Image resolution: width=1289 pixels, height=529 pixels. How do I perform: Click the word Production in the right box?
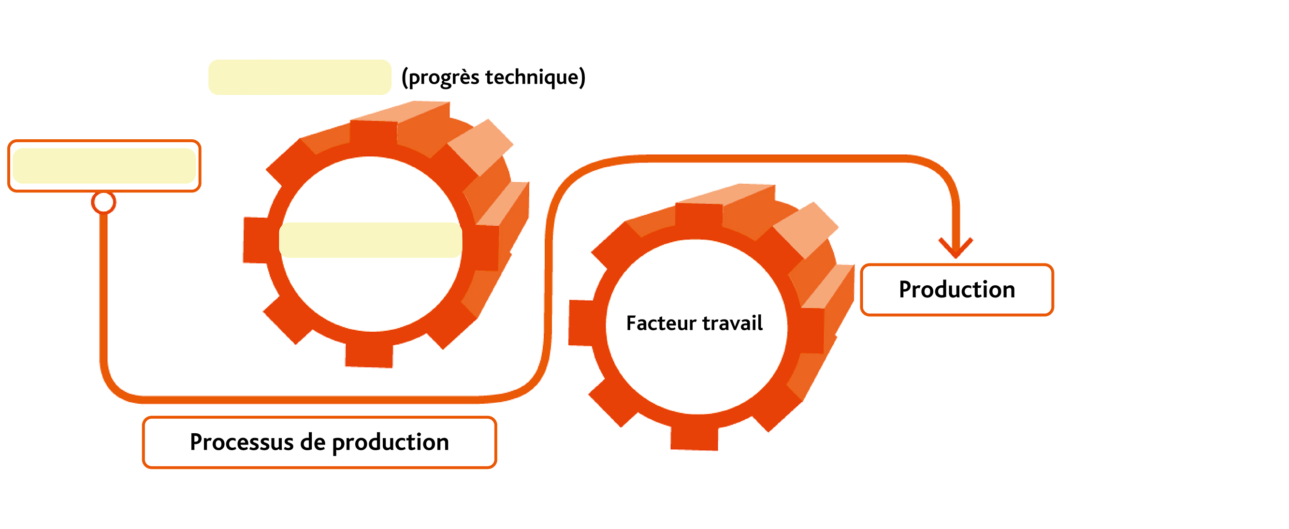pyautogui.click(x=956, y=290)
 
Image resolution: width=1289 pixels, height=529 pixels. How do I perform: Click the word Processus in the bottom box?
pyautogui.click(x=242, y=442)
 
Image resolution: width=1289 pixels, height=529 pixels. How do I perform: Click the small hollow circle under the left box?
pyautogui.click(x=103, y=202)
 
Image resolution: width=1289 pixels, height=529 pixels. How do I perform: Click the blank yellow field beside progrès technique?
pyautogui.click(x=299, y=77)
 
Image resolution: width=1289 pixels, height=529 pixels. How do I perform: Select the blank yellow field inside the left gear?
pyautogui.click(x=370, y=240)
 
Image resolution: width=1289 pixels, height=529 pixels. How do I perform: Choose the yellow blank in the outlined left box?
pyautogui.click(x=104, y=166)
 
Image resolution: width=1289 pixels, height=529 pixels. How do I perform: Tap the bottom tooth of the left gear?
pyautogui.click(x=369, y=355)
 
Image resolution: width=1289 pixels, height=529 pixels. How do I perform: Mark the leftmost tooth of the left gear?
pyautogui.click(x=256, y=240)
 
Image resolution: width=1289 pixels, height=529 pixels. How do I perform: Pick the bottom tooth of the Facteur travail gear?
pyautogui.click(x=695, y=438)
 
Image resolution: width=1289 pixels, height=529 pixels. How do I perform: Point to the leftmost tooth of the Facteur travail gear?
pyautogui.click(x=581, y=323)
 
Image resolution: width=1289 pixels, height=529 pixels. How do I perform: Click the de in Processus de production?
pyautogui.click(x=313, y=442)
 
